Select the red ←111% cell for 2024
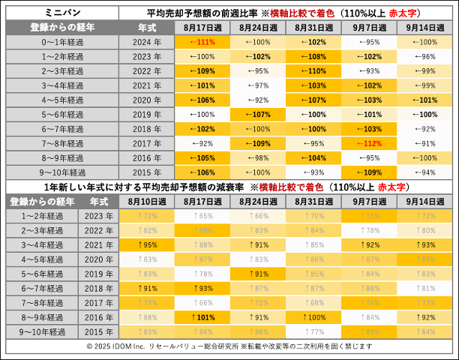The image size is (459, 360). (x=202, y=42)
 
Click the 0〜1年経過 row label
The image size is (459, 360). (x=62, y=42)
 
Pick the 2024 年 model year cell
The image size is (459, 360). (x=147, y=42)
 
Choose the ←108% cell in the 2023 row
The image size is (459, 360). (x=313, y=56)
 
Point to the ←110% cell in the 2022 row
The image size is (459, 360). (x=313, y=70)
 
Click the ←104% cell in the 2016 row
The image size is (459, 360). (x=313, y=157)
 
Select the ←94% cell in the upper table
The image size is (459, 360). (x=424, y=172)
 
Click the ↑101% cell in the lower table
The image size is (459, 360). (x=202, y=316)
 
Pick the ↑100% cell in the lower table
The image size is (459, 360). (x=313, y=316)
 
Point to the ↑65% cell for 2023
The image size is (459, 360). (x=202, y=215)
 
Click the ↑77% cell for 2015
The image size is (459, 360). (x=313, y=331)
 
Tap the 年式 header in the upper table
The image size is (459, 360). (x=147, y=27)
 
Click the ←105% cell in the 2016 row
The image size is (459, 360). (x=202, y=157)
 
